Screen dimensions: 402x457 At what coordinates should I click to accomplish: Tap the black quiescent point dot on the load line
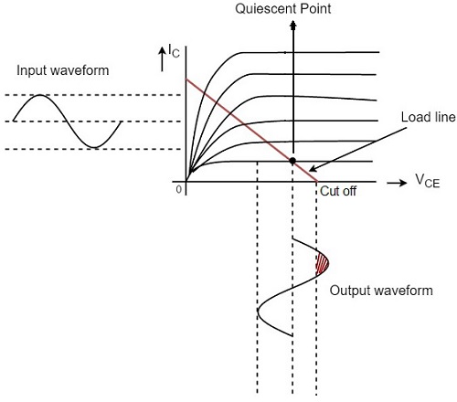click(292, 161)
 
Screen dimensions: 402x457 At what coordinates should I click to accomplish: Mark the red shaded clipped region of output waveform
click(321, 263)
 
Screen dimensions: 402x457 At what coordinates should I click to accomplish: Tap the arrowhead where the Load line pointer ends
click(310, 170)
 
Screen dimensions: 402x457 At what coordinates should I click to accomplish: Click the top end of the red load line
click(186, 80)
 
